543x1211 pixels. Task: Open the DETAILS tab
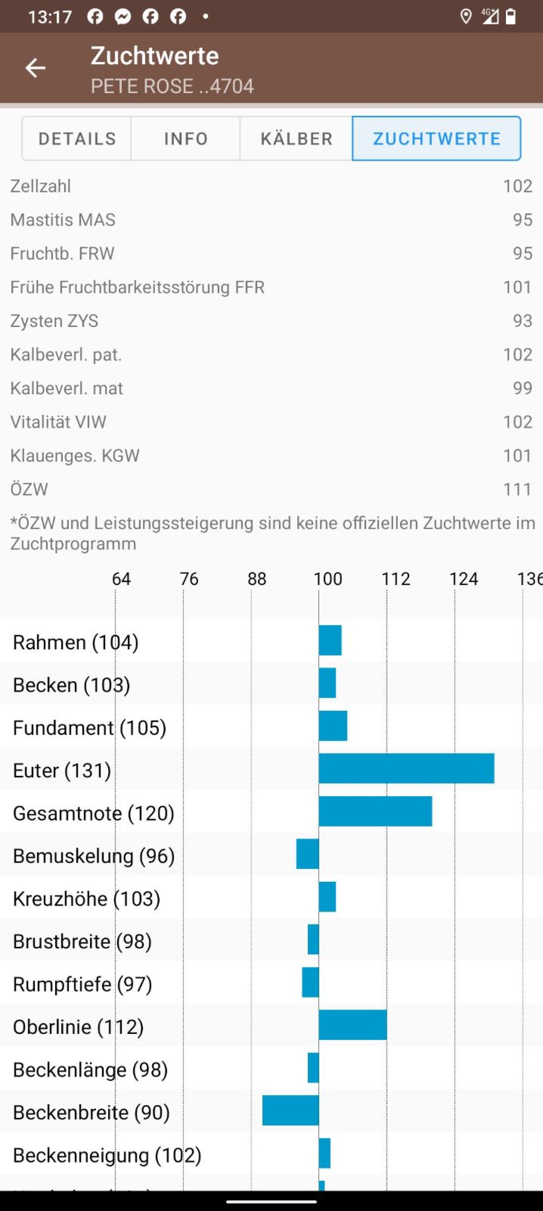[77, 139]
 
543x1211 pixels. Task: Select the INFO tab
[186, 139]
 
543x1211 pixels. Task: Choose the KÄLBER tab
[296, 139]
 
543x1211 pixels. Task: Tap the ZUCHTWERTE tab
[436, 139]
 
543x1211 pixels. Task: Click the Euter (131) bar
[406, 769]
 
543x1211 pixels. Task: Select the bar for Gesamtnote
[375, 812]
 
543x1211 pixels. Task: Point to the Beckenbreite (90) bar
[291, 1110]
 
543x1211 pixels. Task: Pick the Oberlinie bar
[353, 1025]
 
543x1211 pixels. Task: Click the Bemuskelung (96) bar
[308, 854]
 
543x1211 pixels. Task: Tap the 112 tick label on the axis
[395, 579]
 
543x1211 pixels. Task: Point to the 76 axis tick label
[189, 579]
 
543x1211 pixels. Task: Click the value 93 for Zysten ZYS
[522, 321]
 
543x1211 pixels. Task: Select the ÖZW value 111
[518, 490]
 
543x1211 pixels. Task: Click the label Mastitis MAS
[63, 220]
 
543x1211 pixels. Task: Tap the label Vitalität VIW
[58, 422]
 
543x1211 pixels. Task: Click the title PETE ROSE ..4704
[172, 86]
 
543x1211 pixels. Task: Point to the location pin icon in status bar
[466, 17]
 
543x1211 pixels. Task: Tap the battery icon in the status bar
[510, 17]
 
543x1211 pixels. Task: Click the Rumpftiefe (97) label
[82, 984]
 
